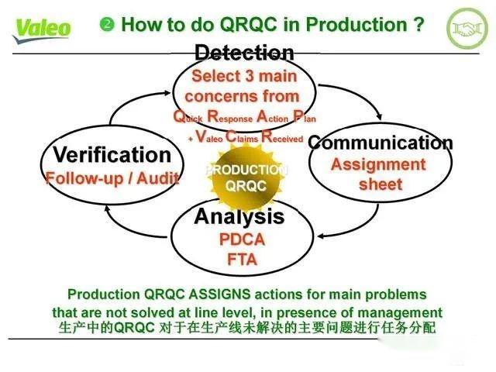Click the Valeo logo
click(43, 28)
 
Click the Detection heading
click(244, 53)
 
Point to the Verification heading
click(112, 155)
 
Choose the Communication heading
click(380, 143)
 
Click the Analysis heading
click(239, 217)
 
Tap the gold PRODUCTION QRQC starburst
click(245, 178)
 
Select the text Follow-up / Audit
click(112, 177)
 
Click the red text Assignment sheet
click(380, 174)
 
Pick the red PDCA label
click(243, 239)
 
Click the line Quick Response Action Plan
click(244, 118)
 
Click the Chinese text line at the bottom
click(246, 328)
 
